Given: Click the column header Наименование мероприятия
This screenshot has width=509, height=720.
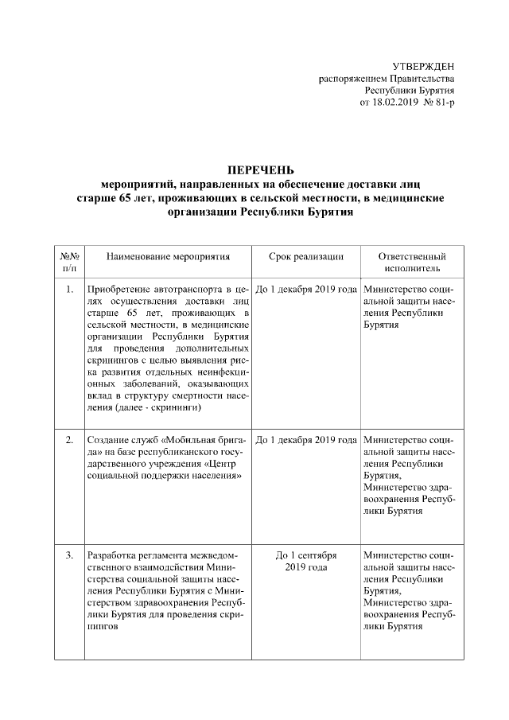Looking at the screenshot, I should (x=168, y=257).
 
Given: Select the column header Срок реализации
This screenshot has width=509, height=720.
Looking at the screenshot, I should (x=305, y=257).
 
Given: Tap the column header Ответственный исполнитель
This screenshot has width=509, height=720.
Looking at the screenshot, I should (x=411, y=263).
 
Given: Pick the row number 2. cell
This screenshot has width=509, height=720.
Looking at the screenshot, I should (x=69, y=440).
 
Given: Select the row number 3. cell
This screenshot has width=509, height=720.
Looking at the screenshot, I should (x=69, y=555).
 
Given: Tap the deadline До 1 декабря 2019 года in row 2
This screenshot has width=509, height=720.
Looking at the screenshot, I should (x=305, y=440).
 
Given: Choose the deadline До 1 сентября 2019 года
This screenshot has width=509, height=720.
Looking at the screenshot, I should (x=305, y=561).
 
